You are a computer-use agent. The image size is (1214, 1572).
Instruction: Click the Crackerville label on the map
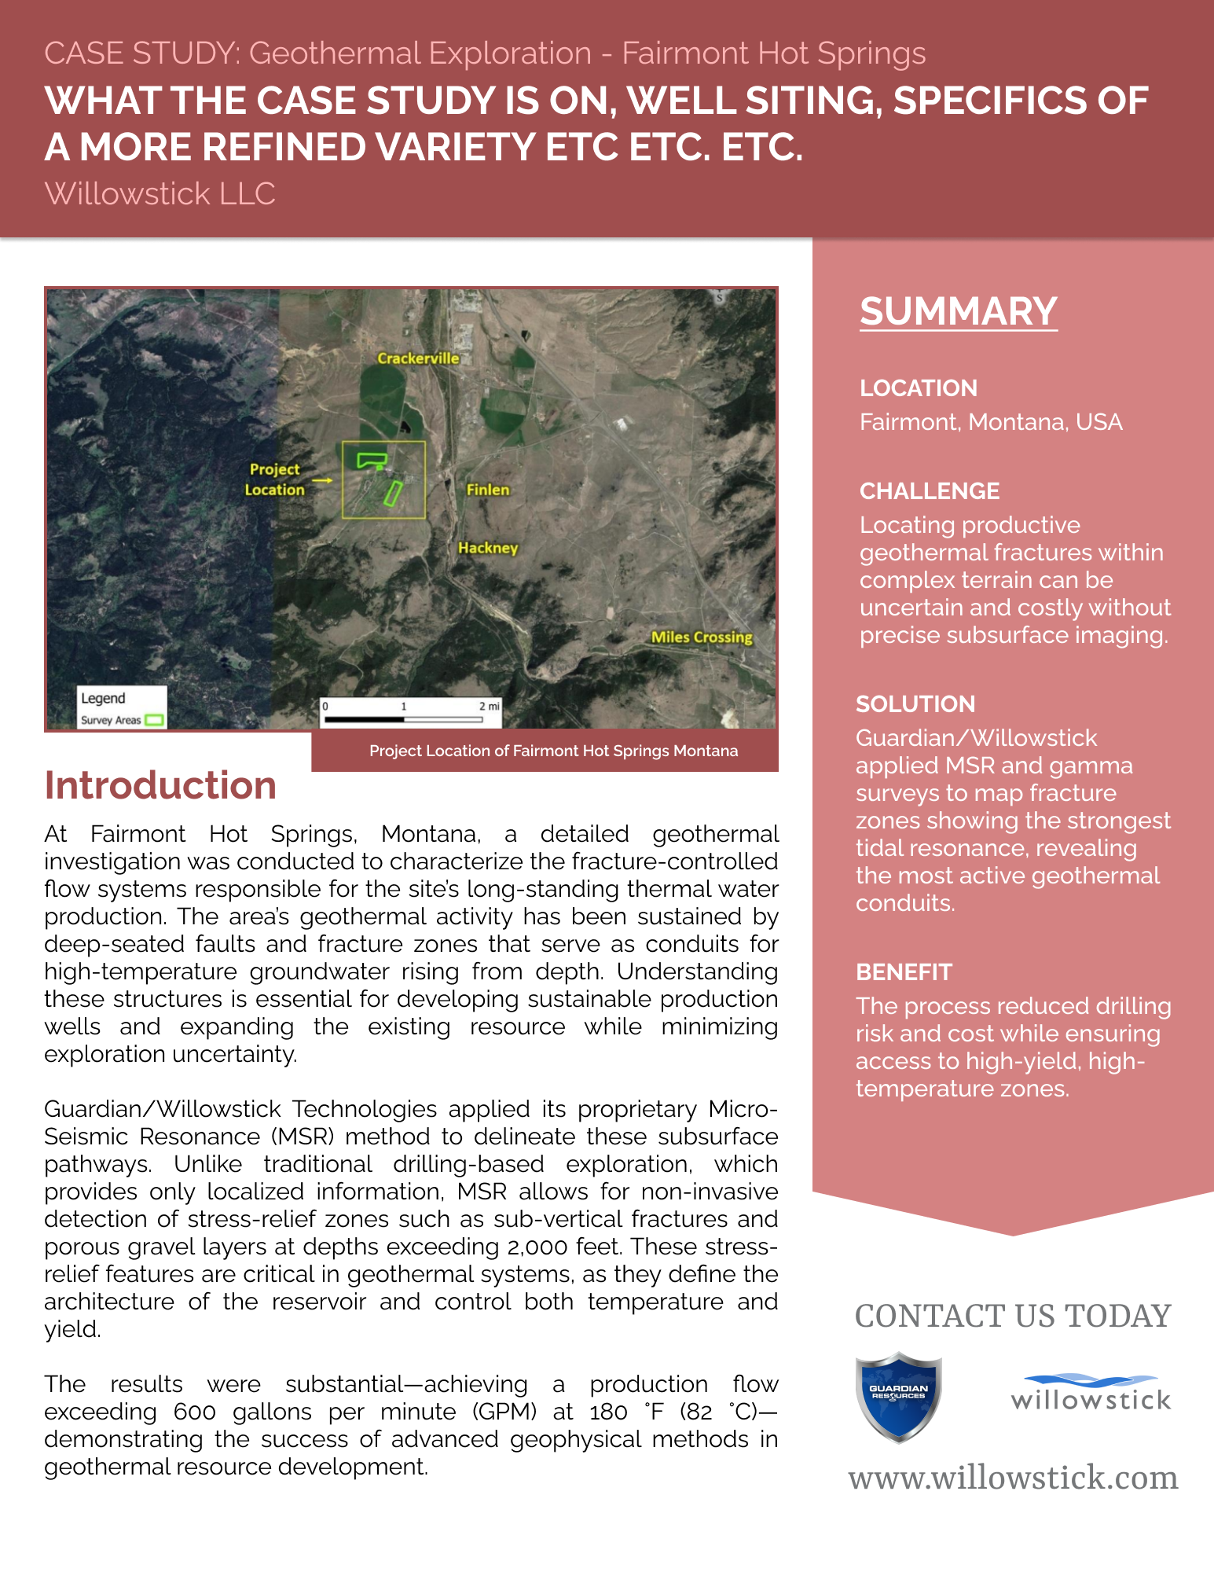[418, 358]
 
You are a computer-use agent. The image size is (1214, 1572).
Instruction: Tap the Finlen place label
[488, 490]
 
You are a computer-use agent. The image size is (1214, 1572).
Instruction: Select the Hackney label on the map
[488, 548]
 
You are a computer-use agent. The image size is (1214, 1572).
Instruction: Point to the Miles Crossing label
[702, 637]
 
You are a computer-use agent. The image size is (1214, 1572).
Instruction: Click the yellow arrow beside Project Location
[322, 479]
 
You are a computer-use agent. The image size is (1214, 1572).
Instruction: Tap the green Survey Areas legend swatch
[154, 720]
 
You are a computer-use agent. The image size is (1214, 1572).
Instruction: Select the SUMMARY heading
[958, 311]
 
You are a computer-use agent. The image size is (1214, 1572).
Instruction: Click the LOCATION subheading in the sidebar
[918, 388]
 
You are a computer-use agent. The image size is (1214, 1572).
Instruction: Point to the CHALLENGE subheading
[929, 491]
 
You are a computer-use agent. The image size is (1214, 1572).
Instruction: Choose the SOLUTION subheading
[915, 704]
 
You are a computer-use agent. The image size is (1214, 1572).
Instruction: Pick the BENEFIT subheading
[904, 972]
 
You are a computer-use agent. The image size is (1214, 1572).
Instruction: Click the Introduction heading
[160, 785]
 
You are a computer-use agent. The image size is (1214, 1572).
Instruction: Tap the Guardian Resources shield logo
[898, 1397]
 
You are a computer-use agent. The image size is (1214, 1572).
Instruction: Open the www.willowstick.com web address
[1013, 1478]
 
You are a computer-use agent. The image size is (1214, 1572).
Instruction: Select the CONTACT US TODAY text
[1013, 1317]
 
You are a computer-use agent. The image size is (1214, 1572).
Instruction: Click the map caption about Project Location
[553, 751]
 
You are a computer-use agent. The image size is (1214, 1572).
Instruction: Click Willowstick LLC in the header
[160, 193]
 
